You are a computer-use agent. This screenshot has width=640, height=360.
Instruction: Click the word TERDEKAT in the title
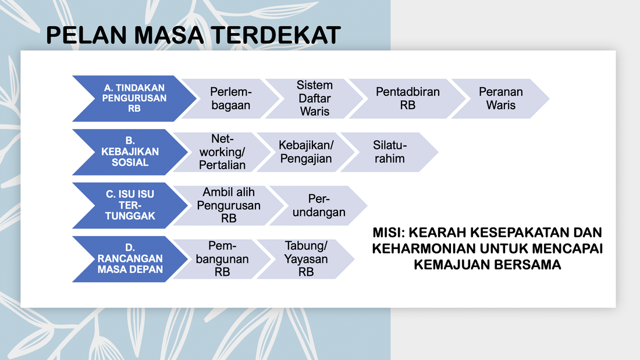click(x=276, y=35)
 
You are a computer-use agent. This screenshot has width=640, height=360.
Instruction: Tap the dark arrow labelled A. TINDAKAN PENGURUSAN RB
click(x=134, y=98)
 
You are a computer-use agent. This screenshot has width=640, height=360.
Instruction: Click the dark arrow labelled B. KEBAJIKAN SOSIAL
click(x=130, y=152)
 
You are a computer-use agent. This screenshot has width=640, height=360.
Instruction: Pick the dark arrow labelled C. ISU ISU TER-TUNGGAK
click(x=130, y=205)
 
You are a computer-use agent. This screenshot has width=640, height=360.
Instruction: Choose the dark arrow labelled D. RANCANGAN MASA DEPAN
click(x=130, y=259)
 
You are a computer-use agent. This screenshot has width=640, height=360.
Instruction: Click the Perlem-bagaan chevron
click(x=230, y=98)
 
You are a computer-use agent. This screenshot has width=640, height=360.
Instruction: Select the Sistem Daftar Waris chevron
click(x=314, y=98)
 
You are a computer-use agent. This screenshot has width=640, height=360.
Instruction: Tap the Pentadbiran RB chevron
click(x=407, y=98)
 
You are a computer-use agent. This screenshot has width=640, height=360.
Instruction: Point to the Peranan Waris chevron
click(x=500, y=98)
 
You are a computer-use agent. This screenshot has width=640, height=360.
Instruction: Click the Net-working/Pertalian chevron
click(x=222, y=152)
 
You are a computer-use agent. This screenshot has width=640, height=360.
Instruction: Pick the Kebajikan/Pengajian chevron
click(x=305, y=152)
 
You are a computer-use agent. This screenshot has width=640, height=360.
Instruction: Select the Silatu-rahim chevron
click(x=389, y=152)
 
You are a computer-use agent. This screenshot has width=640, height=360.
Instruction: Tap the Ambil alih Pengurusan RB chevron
click(x=229, y=205)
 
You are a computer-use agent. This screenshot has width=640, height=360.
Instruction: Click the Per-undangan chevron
click(x=318, y=205)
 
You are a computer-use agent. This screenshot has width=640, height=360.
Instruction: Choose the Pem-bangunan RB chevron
click(x=222, y=259)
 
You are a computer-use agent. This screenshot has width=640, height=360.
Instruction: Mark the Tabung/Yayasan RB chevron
click(x=305, y=259)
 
